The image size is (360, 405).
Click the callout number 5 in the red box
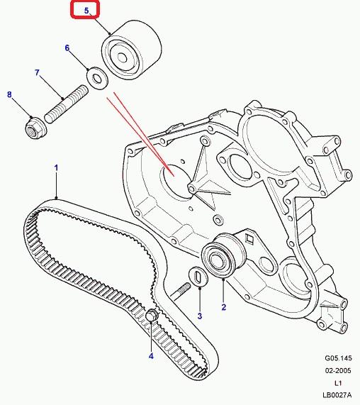pyautogui.click(x=86, y=11)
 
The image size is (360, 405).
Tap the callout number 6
pyautogui.click(x=67, y=48)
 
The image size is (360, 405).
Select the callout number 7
pyautogui.click(x=37, y=72)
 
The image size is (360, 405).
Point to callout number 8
pyautogui.click(x=9, y=94)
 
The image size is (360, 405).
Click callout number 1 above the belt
pyautogui.click(x=56, y=168)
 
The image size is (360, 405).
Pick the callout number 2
pyautogui.click(x=223, y=307)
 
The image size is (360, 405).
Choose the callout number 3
pyautogui.click(x=199, y=316)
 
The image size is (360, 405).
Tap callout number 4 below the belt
pyautogui.click(x=151, y=356)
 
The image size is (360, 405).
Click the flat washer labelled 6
pyautogui.click(x=97, y=78)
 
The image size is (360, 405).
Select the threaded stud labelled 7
pyautogui.click(x=66, y=104)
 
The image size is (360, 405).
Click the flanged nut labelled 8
pyautogui.click(x=36, y=128)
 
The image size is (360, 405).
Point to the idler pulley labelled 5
pyautogui.click(x=131, y=50)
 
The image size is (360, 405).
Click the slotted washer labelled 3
pyautogui.click(x=199, y=277)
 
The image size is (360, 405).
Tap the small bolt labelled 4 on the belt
pyautogui.click(x=152, y=316)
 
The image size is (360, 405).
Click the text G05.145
pyautogui.click(x=338, y=358)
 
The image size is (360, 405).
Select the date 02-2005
pyautogui.click(x=338, y=371)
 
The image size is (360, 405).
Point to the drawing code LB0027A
pyautogui.click(x=337, y=395)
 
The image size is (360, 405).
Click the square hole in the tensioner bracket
pyautogui.click(x=249, y=238)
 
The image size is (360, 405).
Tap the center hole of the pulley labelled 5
pyautogui.click(x=123, y=58)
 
